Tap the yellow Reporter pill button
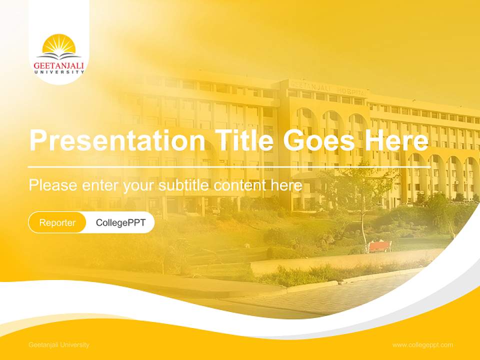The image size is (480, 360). coord(57,222)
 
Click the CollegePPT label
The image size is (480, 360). coord(120,222)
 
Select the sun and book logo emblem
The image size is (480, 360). coord(59,46)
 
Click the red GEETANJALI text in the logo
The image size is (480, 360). coord(59,65)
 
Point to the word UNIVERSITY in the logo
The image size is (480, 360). coord(59,72)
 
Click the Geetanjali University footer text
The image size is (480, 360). coord(59,345)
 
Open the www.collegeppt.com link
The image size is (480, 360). coord(422,345)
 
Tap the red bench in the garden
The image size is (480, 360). coord(380,246)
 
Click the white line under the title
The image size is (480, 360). coord(229,166)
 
